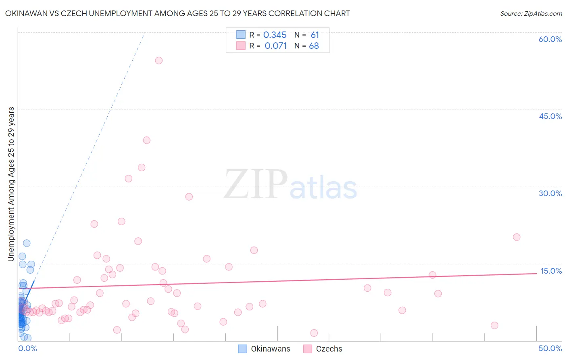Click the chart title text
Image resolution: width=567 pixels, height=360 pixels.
pyautogui.click(x=177, y=13)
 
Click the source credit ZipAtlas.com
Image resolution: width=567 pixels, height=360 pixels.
pyautogui.click(x=531, y=13)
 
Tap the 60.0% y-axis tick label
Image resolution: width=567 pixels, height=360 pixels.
pyautogui.click(x=550, y=39)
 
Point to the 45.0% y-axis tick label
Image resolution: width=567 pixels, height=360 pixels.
pyautogui.click(x=550, y=116)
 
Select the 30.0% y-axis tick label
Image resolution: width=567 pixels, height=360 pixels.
pyautogui.click(x=550, y=193)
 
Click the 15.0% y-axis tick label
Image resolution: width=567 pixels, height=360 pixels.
pyautogui.click(x=551, y=271)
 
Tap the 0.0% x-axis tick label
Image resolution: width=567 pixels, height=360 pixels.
pyautogui.click(x=27, y=348)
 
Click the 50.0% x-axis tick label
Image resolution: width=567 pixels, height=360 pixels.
pyautogui.click(x=550, y=348)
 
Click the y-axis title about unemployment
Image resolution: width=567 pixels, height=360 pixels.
pyautogui.click(x=11, y=184)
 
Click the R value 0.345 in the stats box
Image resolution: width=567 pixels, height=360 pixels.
pyautogui.click(x=275, y=35)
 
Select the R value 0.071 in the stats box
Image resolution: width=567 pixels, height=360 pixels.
pyautogui.click(x=275, y=46)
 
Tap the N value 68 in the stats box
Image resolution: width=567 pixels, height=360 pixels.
pyautogui.click(x=314, y=46)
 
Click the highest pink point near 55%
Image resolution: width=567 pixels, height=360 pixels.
pyautogui.click(x=158, y=61)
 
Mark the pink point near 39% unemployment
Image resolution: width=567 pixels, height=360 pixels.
pyautogui.click(x=146, y=140)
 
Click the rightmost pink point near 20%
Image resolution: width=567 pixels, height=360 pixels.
pyautogui.click(x=517, y=237)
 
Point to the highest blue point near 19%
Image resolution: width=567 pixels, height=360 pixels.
pyautogui.click(x=27, y=243)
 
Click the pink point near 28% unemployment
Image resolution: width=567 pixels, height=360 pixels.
pyautogui.click(x=189, y=197)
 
